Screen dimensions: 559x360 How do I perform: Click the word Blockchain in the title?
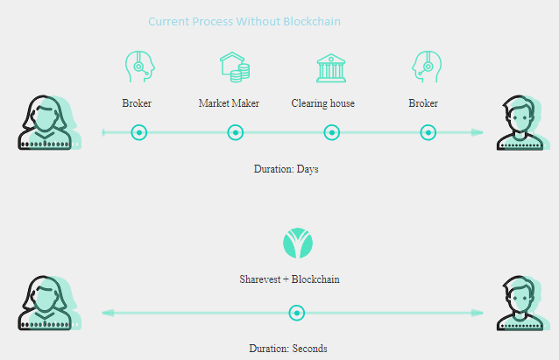pos(312,21)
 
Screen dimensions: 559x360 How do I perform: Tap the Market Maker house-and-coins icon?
pos(235,67)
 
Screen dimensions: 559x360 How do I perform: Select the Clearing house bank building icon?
pos(331,68)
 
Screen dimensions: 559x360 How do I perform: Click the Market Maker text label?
pos(229,103)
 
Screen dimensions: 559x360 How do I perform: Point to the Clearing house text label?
pos(323,103)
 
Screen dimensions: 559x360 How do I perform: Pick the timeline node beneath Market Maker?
pos(236,132)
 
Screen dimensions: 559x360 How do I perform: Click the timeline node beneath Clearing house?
pos(332,132)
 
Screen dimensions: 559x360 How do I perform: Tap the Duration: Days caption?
pos(286,169)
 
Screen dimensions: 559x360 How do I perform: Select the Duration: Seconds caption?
pos(288,349)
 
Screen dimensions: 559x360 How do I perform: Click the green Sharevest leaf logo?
pos(298,244)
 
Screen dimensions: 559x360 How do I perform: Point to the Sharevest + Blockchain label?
pos(289,279)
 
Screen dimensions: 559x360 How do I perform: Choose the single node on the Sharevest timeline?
pos(297,313)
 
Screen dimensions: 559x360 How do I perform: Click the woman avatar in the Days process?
pos(49,123)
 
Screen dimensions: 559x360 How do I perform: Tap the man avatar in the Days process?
pos(523,123)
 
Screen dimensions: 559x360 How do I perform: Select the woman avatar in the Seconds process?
pos(49,303)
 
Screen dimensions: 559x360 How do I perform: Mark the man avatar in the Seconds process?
pos(523,303)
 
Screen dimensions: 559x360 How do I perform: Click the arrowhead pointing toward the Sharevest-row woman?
pos(108,313)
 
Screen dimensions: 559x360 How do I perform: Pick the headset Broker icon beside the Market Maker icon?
pos(140,67)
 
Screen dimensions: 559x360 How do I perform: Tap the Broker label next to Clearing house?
pos(423,103)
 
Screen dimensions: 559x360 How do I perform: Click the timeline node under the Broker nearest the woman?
pos(139,132)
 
